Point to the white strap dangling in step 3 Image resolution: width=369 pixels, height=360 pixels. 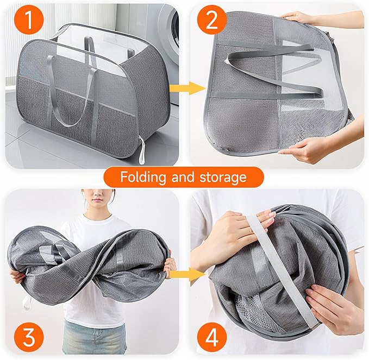coord(27,302)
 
